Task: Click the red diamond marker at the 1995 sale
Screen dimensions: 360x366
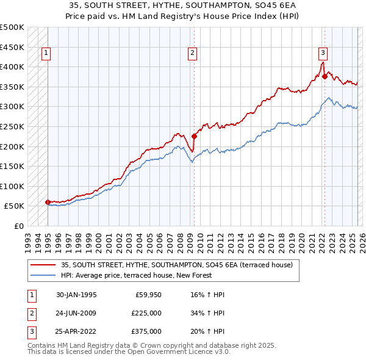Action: coord(48,202)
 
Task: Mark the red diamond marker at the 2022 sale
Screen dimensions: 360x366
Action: coord(325,76)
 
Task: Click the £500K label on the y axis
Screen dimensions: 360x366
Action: coord(12,27)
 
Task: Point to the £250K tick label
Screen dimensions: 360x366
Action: coord(12,126)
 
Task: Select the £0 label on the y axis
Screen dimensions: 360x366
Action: coord(20,226)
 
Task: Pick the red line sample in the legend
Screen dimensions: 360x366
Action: coord(43,265)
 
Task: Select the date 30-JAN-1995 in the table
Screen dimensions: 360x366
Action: coord(76,295)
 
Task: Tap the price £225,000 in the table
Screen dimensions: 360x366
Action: coord(146,313)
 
